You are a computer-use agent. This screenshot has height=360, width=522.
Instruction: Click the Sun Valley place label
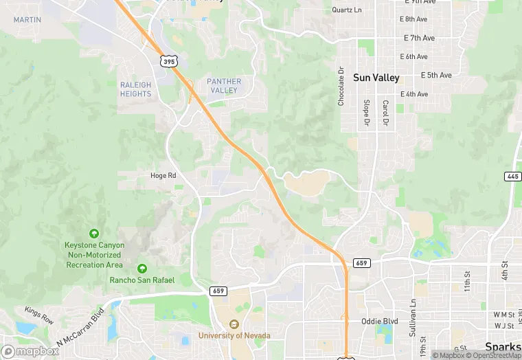tap(376, 78)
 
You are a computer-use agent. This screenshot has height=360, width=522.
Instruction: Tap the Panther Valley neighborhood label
tap(224, 86)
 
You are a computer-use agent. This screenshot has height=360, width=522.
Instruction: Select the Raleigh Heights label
tap(135, 89)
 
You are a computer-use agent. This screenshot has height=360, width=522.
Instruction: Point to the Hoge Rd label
tap(163, 176)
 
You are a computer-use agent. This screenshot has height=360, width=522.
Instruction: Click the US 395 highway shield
tap(169, 62)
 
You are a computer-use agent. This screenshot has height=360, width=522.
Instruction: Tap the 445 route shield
tap(512, 177)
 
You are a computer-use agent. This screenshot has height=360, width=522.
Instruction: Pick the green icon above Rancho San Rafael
tap(142, 268)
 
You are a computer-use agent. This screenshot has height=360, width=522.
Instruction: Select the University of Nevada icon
tap(234, 324)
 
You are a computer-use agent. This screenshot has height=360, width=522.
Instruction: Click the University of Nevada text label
tap(234, 335)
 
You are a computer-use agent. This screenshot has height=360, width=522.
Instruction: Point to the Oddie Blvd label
tap(380, 321)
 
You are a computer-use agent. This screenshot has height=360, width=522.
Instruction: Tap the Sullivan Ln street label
tap(413, 312)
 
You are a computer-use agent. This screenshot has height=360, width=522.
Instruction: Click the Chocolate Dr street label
tap(341, 86)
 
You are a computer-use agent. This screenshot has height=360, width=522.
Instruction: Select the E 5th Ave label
tap(437, 75)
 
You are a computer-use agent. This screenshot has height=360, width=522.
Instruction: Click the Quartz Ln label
tap(346, 10)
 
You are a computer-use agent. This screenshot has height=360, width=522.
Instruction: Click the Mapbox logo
tap(30, 351)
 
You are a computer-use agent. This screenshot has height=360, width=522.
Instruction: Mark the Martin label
tap(27, 20)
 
